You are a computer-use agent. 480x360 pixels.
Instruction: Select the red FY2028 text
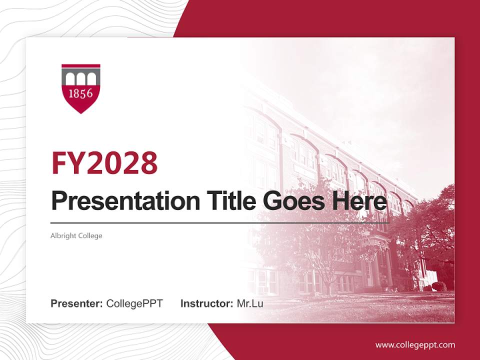[x=104, y=162]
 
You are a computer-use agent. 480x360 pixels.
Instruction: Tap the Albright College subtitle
[x=76, y=235]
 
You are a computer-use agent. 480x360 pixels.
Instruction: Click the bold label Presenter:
[x=77, y=303]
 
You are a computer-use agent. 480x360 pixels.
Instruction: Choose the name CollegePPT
[x=134, y=303]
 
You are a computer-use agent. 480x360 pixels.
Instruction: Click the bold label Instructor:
[x=206, y=303]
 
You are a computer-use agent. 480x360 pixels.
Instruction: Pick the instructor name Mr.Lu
[x=250, y=303]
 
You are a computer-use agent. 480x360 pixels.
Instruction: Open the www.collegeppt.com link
[x=415, y=345]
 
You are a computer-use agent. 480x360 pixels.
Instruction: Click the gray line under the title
[x=220, y=222]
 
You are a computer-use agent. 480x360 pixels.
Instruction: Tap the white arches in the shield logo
[x=80, y=78]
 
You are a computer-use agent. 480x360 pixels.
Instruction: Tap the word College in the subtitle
[x=90, y=235]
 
